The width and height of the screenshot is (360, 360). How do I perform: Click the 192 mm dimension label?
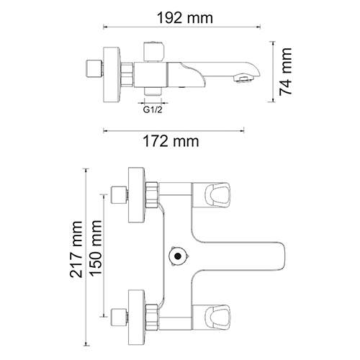tap(185, 18)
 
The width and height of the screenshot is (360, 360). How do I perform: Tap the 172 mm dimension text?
tap(171, 141)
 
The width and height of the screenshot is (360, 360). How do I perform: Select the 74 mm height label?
tap(286, 72)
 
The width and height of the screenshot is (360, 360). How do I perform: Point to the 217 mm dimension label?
tap(76, 249)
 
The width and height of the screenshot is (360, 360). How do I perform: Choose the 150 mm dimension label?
tap(96, 248)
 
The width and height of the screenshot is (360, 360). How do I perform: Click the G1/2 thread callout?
tap(153, 110)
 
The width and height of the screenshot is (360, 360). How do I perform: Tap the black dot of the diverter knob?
tap(178, 256)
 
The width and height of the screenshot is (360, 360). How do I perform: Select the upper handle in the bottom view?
tap(217, 194)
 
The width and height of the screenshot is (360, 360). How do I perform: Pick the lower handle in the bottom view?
tap(217, 318)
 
